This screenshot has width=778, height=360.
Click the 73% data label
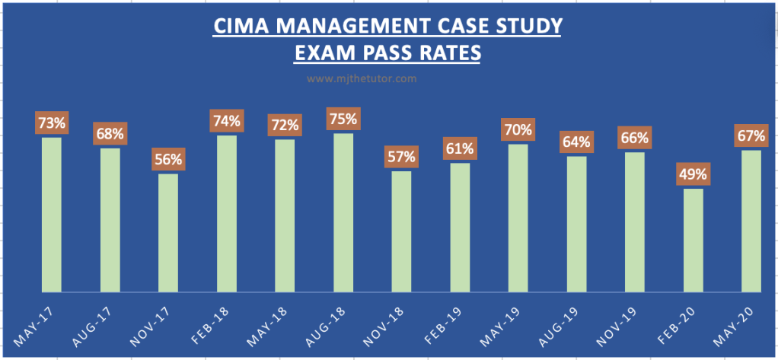pyautogui.click(x=51, y=122)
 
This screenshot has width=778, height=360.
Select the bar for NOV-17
pyautogui.click(x=168, y=233)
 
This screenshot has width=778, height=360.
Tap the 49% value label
pyautogui.click(x=694, y=174)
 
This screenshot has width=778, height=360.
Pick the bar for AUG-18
pyautogui.click(x=343, y=213)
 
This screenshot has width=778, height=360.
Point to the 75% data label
pyautogui.click(x=343, y=119)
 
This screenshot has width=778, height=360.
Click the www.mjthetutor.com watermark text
pyautogui.click(x=362, y=78)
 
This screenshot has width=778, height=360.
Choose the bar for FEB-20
pyautogui.click(x=694, y=241)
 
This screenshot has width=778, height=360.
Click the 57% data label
pyautogui.click(x=402, y=157)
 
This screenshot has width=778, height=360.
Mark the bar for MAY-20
pyautogui.click(x=751, y=221)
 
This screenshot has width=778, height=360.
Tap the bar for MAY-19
pyautogui.click(x=518, y=218)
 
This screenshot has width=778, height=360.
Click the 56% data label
pyautogui.click(x=168, y=160)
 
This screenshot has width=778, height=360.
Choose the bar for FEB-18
pyautogui.click(x=227, y=214)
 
